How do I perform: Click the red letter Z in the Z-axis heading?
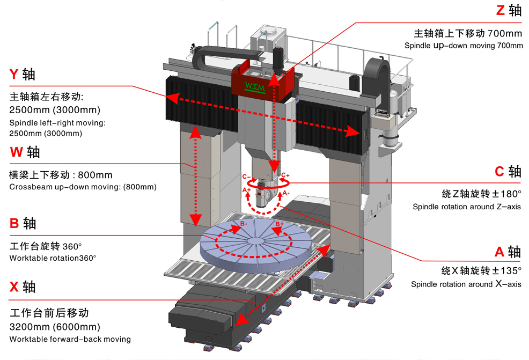501,10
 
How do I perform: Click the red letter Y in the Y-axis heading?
14,74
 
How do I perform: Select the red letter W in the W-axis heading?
16,152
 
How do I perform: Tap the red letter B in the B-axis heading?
14,223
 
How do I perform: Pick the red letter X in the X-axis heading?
14,287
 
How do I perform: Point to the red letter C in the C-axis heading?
499,171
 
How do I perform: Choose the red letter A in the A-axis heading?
499,252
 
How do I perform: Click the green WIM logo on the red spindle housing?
255,87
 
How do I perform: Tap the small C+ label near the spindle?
285,175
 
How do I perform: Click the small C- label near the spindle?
246,177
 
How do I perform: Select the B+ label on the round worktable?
280,224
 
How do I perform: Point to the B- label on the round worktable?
244,224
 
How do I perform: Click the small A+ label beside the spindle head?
247,190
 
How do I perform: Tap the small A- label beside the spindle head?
286,193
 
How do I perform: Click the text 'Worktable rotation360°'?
53,258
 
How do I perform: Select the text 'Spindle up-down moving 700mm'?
464,45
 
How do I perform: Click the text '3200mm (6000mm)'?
55,327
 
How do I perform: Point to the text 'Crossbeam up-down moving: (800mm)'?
83,187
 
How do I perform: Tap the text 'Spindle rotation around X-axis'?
466,284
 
